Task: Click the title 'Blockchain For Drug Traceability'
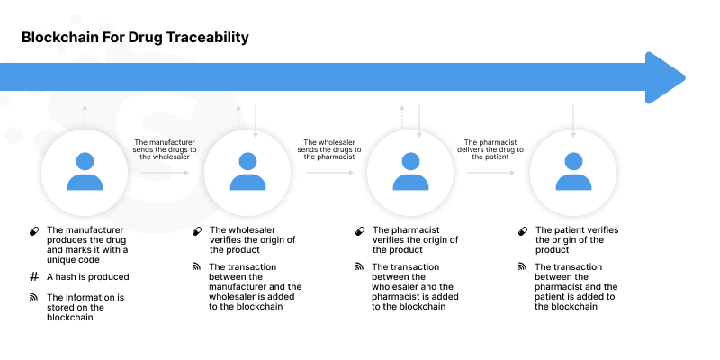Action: pyautogui.click(x=135, y=38)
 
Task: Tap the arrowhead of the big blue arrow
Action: pyautogui.click(x=665, y=77)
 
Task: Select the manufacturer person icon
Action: pyautogui.click(x=85, y=171)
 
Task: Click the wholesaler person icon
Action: pyautogui.click(x=247, y=171)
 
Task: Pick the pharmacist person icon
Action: pyautogui.click(x=409, y=171)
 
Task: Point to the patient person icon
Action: pyautogui.click(x=572, y=171)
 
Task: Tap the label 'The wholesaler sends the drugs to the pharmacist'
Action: pyautogui.click(x=328, y=149)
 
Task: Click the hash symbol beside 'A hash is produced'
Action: pyautogui.click(x=34, y=276)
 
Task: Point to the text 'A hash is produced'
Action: pyautogui.click(x=88, y=276)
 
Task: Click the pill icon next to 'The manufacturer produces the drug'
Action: pyautogui.click(x=34, y=231)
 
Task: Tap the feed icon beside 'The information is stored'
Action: pyautogui.click(x=34, y=296)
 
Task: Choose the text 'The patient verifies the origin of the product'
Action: pyautogui.click(x=576, y=239)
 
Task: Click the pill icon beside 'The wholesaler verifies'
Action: pyautogui.click(x=197, y=231)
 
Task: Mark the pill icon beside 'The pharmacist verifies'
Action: pyautogui.click(x=360, y=231)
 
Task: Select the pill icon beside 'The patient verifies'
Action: pyautogui.click(x=523, y=231)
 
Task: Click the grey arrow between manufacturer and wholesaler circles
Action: pyautogui.click(x=165, y=171)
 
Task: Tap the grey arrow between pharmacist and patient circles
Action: pyautogui.click(x=491, y=171)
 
